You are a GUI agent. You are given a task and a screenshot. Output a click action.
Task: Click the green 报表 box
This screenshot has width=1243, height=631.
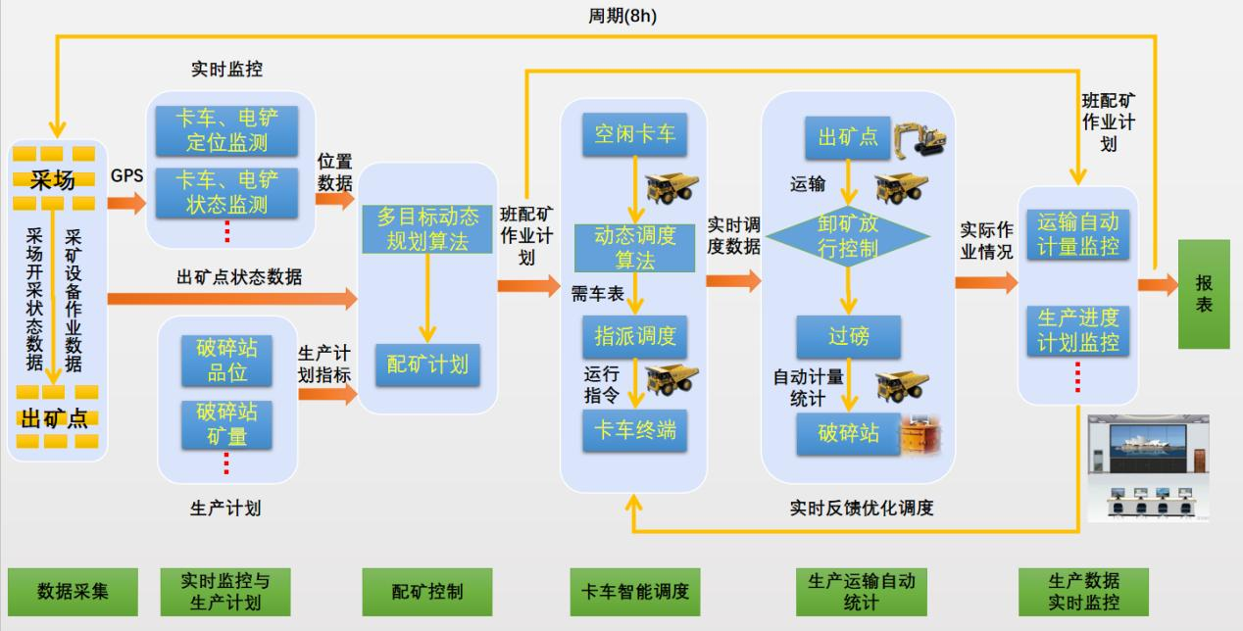pos(1203,294)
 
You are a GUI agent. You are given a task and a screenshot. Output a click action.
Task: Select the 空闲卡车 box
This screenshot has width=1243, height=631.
pos(634,133)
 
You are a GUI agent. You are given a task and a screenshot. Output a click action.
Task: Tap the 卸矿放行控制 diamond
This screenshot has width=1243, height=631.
pos(849,235)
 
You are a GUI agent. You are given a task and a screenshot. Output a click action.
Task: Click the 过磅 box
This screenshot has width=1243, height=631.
pos(849,337)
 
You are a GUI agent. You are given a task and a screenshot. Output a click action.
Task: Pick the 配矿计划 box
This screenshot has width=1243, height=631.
pos(427,364)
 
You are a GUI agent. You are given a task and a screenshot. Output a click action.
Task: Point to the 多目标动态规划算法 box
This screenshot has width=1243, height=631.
pos(427,228)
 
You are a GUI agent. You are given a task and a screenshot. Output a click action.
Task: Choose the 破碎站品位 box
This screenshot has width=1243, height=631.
pos(227,360)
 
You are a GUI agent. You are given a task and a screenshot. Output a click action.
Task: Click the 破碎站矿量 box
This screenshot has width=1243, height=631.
pos(227,423)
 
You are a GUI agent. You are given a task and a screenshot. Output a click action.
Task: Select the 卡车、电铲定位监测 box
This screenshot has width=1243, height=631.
pos(226,130)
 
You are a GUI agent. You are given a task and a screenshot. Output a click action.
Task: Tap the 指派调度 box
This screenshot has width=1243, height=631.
pos(634,336)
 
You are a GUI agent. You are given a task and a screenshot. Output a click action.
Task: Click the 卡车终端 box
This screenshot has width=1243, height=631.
pos(634,429)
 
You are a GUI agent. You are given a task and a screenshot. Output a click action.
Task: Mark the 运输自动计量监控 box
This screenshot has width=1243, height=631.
pos(1077,234)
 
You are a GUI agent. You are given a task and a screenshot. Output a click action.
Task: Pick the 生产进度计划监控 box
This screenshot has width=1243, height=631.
pos(1077,330)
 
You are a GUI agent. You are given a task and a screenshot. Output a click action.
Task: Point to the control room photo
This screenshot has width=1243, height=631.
pos(1148,467)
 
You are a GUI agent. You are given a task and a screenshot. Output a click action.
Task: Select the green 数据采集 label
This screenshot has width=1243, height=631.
pos(73,591)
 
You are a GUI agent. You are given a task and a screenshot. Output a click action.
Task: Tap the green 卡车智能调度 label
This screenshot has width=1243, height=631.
pos(635,591)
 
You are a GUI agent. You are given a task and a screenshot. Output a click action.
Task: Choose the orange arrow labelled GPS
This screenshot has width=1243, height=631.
pos(126,203)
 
